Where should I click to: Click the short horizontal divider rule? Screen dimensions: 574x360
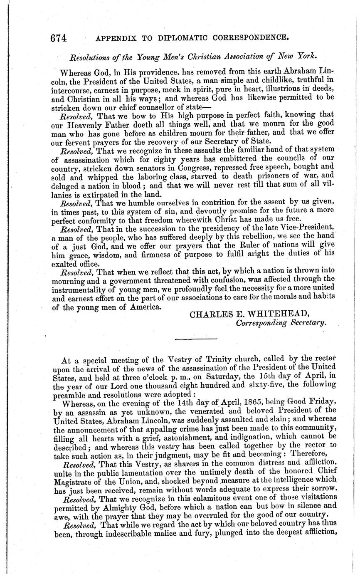[190, 339]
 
